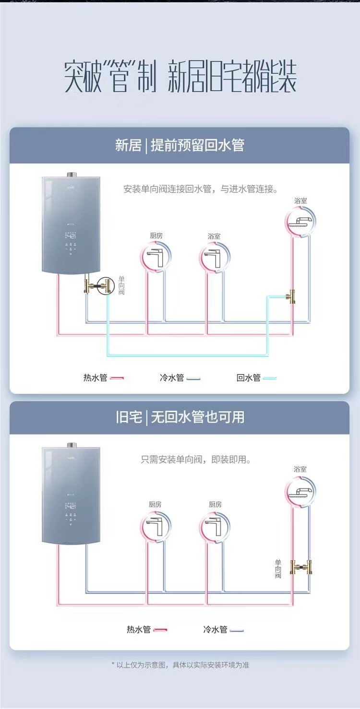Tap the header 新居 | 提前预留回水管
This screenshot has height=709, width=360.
pos(180,145)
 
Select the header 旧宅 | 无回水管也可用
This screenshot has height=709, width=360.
pos(180,417)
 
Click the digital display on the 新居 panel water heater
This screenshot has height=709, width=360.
pos(71,236)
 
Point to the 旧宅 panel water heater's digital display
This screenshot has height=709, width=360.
pos(71,506)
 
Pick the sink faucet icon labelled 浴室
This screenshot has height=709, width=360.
pos(214,258)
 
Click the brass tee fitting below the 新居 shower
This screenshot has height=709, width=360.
pos(290,296)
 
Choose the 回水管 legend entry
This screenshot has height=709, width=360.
pos(256,378)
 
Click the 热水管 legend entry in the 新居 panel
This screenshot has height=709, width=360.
pos(103,378)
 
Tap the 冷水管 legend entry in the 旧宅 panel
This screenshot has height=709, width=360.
pos(223,629)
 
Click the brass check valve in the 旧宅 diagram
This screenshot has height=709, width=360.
pos(301,568)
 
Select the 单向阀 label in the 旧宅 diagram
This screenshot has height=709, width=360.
pos(278,568)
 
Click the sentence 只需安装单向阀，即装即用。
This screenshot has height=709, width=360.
pos(196,460)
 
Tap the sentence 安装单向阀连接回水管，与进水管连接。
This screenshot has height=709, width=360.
pos(201,189)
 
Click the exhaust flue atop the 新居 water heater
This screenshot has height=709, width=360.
pos(71,174)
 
